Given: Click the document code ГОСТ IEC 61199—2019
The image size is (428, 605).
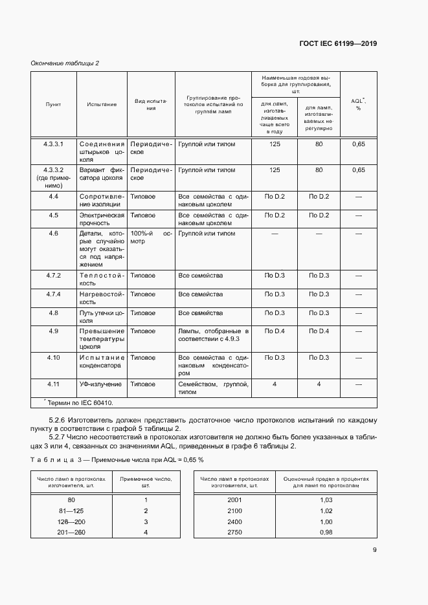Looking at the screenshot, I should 339,44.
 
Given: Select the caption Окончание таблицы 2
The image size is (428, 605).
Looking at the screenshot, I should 65,63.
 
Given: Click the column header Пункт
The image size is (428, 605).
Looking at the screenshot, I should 53,104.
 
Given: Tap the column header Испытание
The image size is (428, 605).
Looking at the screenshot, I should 102,104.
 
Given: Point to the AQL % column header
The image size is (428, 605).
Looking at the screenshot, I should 358,104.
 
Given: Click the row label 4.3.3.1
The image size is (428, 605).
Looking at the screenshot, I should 53,144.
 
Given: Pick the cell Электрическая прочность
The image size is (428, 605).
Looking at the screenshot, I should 101,219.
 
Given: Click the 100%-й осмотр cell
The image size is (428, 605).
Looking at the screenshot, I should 152,237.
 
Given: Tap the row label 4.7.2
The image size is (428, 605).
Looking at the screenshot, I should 53,276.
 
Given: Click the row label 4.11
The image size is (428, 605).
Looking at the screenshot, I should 53,384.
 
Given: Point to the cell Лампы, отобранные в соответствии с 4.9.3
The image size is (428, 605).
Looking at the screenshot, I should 213,335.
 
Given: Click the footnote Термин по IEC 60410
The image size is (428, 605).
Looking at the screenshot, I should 78,402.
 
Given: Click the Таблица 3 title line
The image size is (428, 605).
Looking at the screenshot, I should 117,459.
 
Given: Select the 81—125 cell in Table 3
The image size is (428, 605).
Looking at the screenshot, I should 71,511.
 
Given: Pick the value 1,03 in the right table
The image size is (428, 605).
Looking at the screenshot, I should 326,500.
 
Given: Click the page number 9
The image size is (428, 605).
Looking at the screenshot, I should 375,551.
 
